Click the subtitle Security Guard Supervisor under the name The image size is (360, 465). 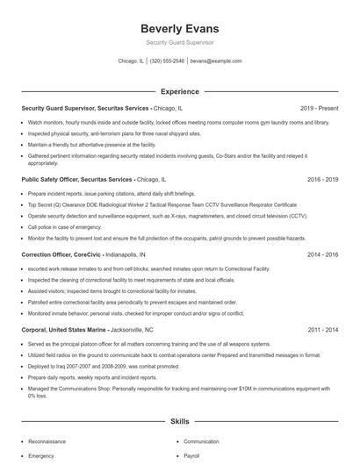click(x=179, y=42)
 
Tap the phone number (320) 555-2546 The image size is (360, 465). click(x=167, y=61)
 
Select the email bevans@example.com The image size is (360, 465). click(x=215, y=61)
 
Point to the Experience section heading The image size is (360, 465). click(x=179, y=90)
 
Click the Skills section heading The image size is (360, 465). click(x=179, y=421)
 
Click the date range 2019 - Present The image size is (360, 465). click(x=319, y=108)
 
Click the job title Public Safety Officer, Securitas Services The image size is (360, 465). click(x=77, y=179)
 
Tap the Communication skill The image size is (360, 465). click(x=201, y=441)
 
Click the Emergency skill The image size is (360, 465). click(x=41, y=456)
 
